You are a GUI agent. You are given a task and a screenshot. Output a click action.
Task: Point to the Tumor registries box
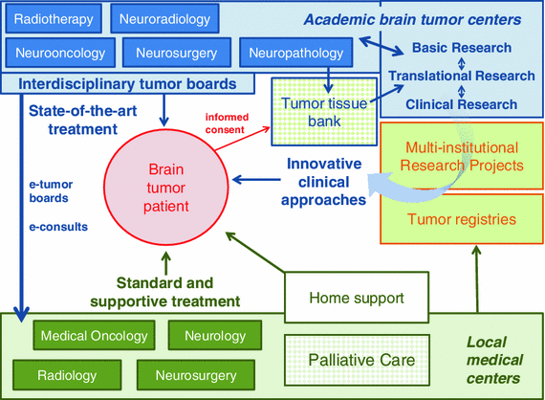click(463, 220)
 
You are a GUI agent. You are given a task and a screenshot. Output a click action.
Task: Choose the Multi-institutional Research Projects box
click(463, 156)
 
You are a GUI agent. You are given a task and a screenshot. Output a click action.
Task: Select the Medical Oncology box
click(95, 336)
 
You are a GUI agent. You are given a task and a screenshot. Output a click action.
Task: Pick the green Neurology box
click(215, 336)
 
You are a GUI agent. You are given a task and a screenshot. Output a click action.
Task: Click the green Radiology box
click(68, 372)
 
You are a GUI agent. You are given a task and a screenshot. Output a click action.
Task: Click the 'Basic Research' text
click(461, 48)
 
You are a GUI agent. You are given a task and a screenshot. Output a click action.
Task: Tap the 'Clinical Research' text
click(461, 104)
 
